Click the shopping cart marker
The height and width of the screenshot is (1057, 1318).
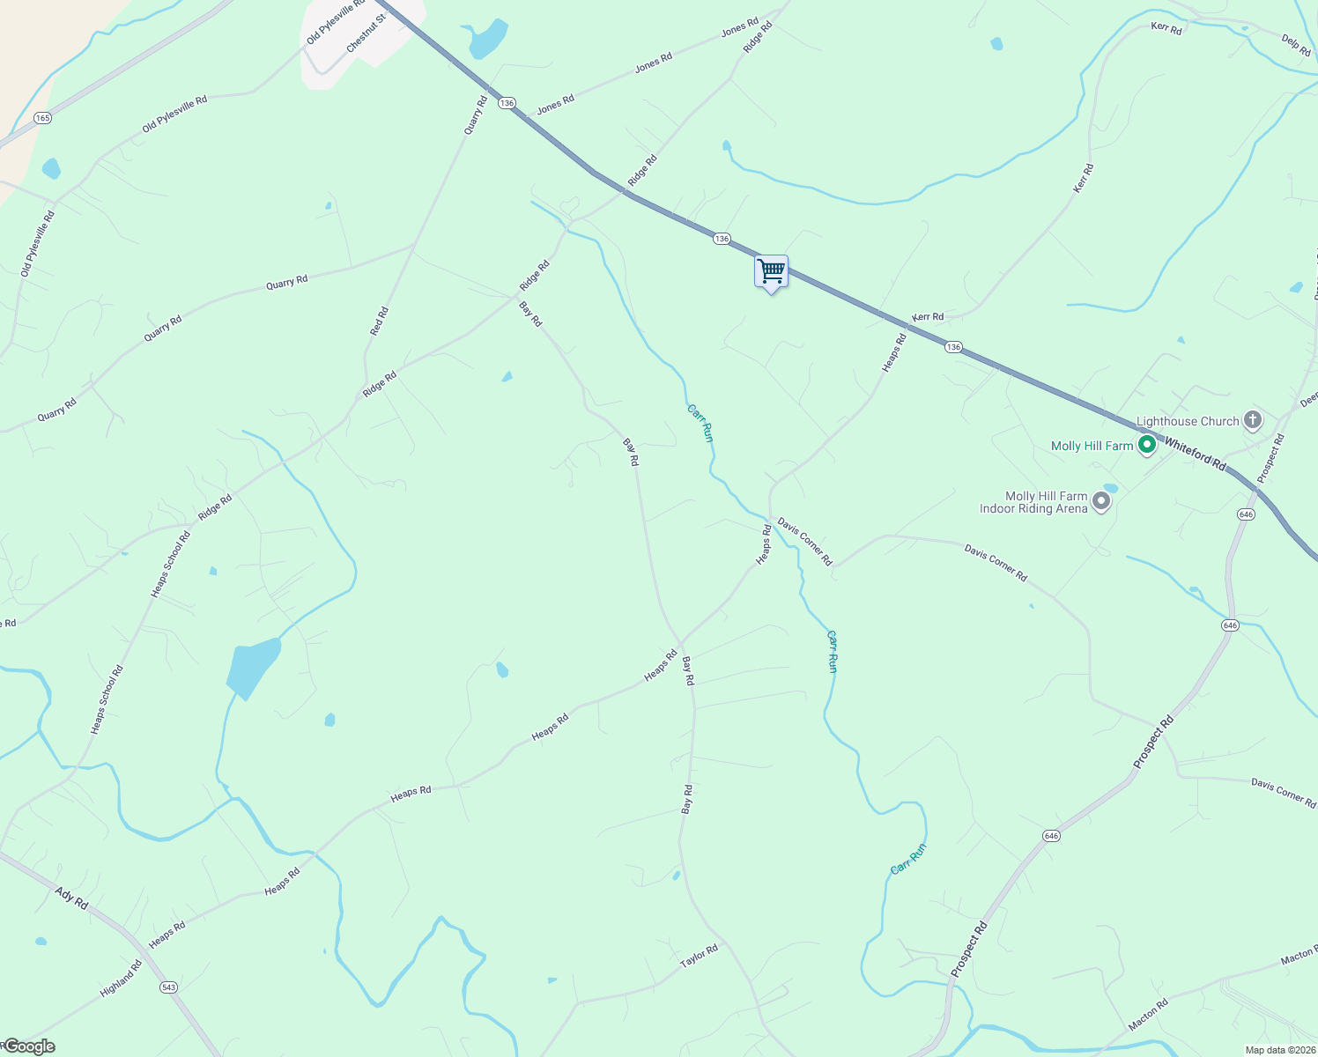(771, 271)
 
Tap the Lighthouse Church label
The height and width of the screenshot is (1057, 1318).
(1187, 421)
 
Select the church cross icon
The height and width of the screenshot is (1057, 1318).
(1253, 420)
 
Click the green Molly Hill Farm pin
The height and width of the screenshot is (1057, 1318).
(1146, 445)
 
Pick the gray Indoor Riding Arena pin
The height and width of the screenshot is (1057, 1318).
(1101, 501)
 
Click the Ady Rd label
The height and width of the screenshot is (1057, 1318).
(71, 898)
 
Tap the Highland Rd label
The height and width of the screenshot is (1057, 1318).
(121, 979)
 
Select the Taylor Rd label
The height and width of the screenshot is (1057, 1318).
(699, 957)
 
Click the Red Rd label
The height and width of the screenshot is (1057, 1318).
(379, 322)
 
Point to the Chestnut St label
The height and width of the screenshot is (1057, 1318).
(367, 33)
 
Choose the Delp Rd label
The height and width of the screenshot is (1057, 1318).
(1296, 46)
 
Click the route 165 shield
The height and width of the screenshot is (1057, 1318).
(42, 117)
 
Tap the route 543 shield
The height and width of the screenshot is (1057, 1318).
(168, 987)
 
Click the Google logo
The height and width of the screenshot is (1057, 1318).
(28, 1046)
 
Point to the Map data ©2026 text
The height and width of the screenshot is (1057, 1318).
(1279, 1050)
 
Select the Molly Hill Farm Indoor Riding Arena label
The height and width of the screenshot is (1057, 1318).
(1033, 502)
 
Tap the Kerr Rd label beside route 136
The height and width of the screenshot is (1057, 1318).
(927, 317)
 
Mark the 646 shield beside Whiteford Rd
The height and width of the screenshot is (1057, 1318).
(1245, 514)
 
